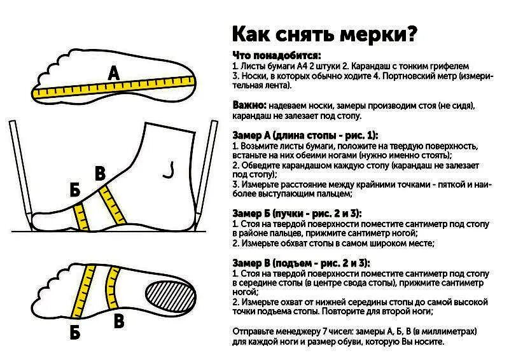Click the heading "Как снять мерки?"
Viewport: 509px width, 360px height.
(x=324, y=33)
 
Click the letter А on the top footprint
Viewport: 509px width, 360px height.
(x=114, y=74)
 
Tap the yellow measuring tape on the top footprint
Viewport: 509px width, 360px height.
(x=115, y=87)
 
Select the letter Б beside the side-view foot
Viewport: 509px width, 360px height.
(x=75, y=190)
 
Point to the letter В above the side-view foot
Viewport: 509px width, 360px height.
(x=100, y=173)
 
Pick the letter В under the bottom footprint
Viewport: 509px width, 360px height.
(x=118, y=321)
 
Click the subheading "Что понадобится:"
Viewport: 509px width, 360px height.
(x=276, y=55)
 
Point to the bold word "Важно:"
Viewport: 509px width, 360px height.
(x=249, y=105)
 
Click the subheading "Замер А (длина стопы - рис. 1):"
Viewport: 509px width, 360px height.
(x=305, y=135)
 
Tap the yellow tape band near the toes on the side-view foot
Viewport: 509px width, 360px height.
(x=81, y=216)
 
